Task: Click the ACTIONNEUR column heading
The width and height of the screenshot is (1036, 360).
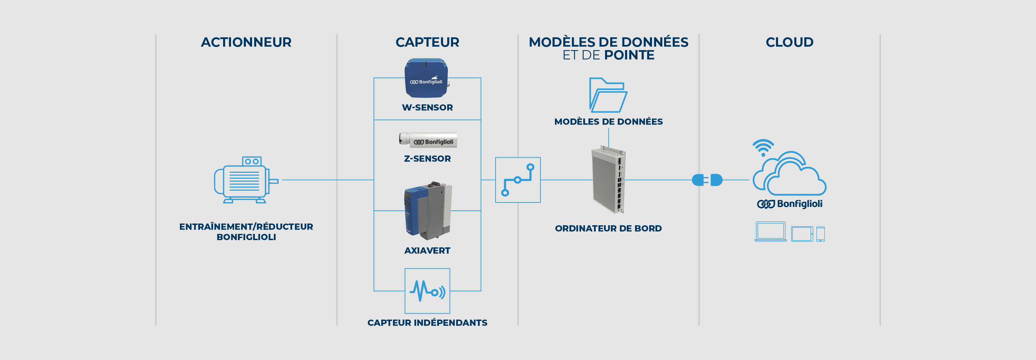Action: click(246, 42)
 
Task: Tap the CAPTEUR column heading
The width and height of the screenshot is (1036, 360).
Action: click(427, 42)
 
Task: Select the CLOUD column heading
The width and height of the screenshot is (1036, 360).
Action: click(789, 42)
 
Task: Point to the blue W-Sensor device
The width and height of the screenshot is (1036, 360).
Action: click(426, 78)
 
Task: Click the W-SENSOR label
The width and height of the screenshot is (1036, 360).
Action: click(427, 107)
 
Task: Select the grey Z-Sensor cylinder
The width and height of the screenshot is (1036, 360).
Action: click(428, 140)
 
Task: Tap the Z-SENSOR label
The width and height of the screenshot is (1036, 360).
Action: click(427, 159)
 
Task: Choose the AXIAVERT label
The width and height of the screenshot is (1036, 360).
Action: click(427, 250)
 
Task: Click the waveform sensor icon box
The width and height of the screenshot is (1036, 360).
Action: click(427, 291)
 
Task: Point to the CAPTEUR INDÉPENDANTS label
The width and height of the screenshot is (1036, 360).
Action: click(427, 323)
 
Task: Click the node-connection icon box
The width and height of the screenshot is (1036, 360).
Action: click(518, 180)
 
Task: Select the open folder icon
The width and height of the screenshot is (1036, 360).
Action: click(608, 95)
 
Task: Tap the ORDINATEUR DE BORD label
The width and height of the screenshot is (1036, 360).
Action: click(608, 228)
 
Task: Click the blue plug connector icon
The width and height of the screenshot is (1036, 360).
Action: click(707, 180)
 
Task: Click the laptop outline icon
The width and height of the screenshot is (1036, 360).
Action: click(770, 232)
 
